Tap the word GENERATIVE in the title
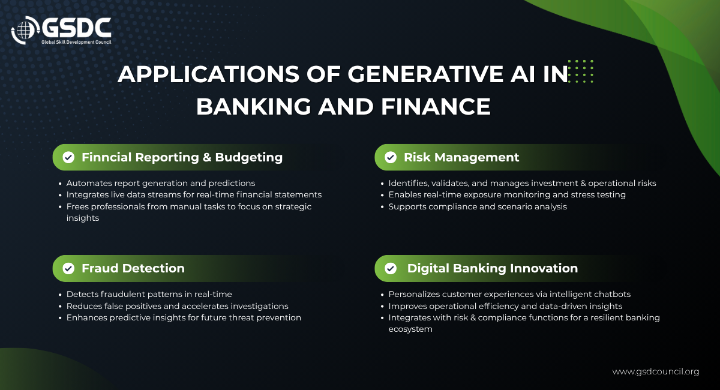[x=425, y=74]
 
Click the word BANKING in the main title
[x=254, y=107]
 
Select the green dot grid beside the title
[x=581, y=71]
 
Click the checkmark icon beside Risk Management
[x=391, y=157]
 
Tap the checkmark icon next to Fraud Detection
[x=68, y=268]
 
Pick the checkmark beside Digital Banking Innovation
[x=391, y=268]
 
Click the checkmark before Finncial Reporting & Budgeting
[x=68, y=157]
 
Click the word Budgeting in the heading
[x=249, y=158]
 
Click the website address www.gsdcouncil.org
[x=656, y=371]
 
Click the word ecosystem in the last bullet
[x=410, y=329]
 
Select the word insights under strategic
[x=83, y=218]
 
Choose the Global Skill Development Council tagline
[x=76, y=42]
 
